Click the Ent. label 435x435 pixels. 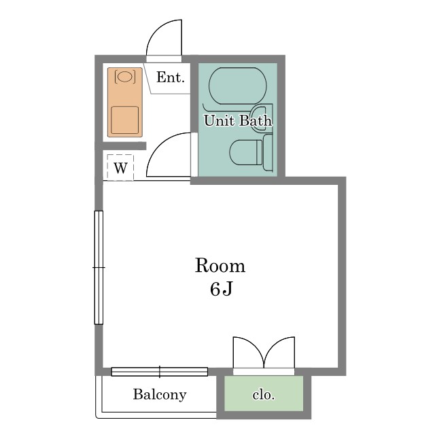click(171, 77)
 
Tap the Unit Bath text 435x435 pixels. click(238, 121)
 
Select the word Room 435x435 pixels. click(220, 266)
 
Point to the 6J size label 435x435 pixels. click(221, 289)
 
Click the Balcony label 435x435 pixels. click(160, 394)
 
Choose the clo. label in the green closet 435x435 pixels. click(263, 394)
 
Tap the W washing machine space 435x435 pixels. click(120, 168)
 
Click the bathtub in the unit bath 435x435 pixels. click(237, 86)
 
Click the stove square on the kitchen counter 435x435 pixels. click(125, 120)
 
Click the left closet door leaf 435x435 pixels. click(248, 352)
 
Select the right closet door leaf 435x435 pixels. click(279, 352)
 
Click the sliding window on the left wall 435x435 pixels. click(99, 267)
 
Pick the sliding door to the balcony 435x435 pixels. click(160, 372)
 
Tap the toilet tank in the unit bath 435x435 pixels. click(268, 152)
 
